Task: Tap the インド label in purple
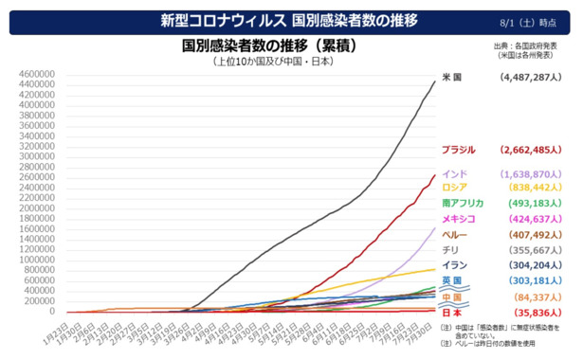click(x=455, y=174)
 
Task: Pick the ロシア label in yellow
click(x=455, y=188)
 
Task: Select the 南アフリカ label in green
click(x=463, y=203)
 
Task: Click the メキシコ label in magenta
click(x=459, y=219)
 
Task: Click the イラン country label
click(x=453, y=265)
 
